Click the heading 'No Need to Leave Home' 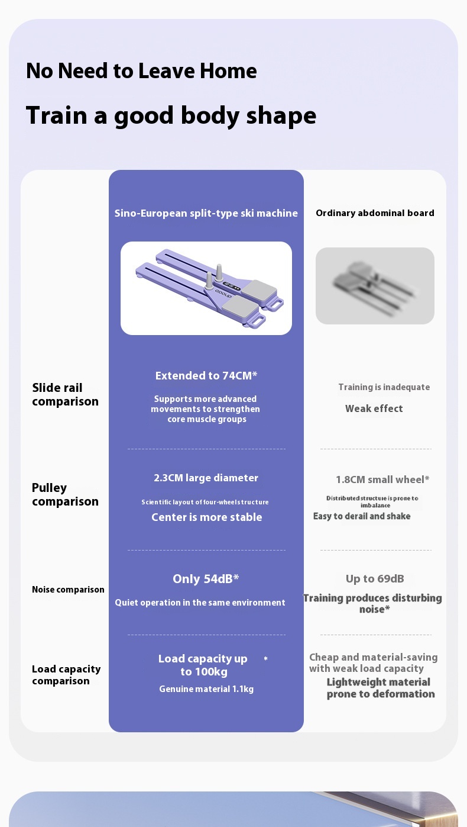(141, 71)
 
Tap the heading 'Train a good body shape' (171, 115)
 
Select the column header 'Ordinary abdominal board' (375, 213)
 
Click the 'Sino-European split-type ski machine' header (206, 213)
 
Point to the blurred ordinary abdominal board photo (375, 286)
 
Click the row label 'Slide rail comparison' (65, 395)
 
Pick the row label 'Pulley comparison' (65, 495)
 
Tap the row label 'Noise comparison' (68, 590)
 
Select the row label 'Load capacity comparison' (66, 675)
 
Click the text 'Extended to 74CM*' (206, 376)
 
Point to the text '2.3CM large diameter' (206, 478)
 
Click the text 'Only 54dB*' (206, 579)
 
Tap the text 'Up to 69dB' (375, 579)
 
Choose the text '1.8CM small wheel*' (382, 480)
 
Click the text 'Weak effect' (374, 408)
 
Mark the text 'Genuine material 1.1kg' (206, 689)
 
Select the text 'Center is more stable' (206, 517)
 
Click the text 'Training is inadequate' (384, 387)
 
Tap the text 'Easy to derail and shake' (362, 516)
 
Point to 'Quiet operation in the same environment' (200, 603)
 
